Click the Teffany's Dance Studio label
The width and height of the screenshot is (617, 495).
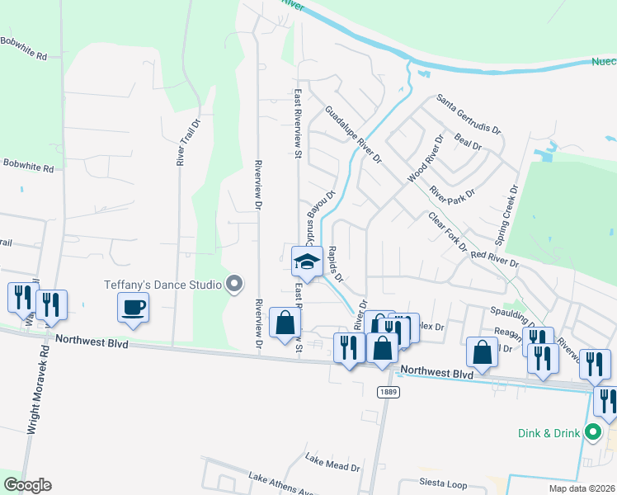click(162, 285)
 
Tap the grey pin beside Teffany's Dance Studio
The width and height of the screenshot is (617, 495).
click(235, 285)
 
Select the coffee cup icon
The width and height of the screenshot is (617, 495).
click(134, 309)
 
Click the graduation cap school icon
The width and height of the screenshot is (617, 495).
click(307, 261)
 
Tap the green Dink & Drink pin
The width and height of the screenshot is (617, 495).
click(592, 431)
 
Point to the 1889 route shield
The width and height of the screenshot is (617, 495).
click(388, 392)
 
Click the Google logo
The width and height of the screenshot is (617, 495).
click(27, 485)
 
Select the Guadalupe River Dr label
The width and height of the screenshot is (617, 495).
click(353, 134)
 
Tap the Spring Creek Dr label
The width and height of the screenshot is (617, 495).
click(506, 214)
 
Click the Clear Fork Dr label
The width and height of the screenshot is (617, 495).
click(447, 232)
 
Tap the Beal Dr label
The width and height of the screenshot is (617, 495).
click(468, 143)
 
